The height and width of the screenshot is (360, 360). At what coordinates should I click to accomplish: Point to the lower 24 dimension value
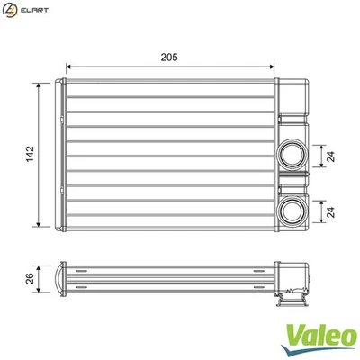pos(332,211)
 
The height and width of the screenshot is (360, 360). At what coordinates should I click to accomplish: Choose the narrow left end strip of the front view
pos(62,154)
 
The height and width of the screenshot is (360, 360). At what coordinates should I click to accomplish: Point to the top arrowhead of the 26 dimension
pos(40,265)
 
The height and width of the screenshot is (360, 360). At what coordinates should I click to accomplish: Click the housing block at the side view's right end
pos(293,274)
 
